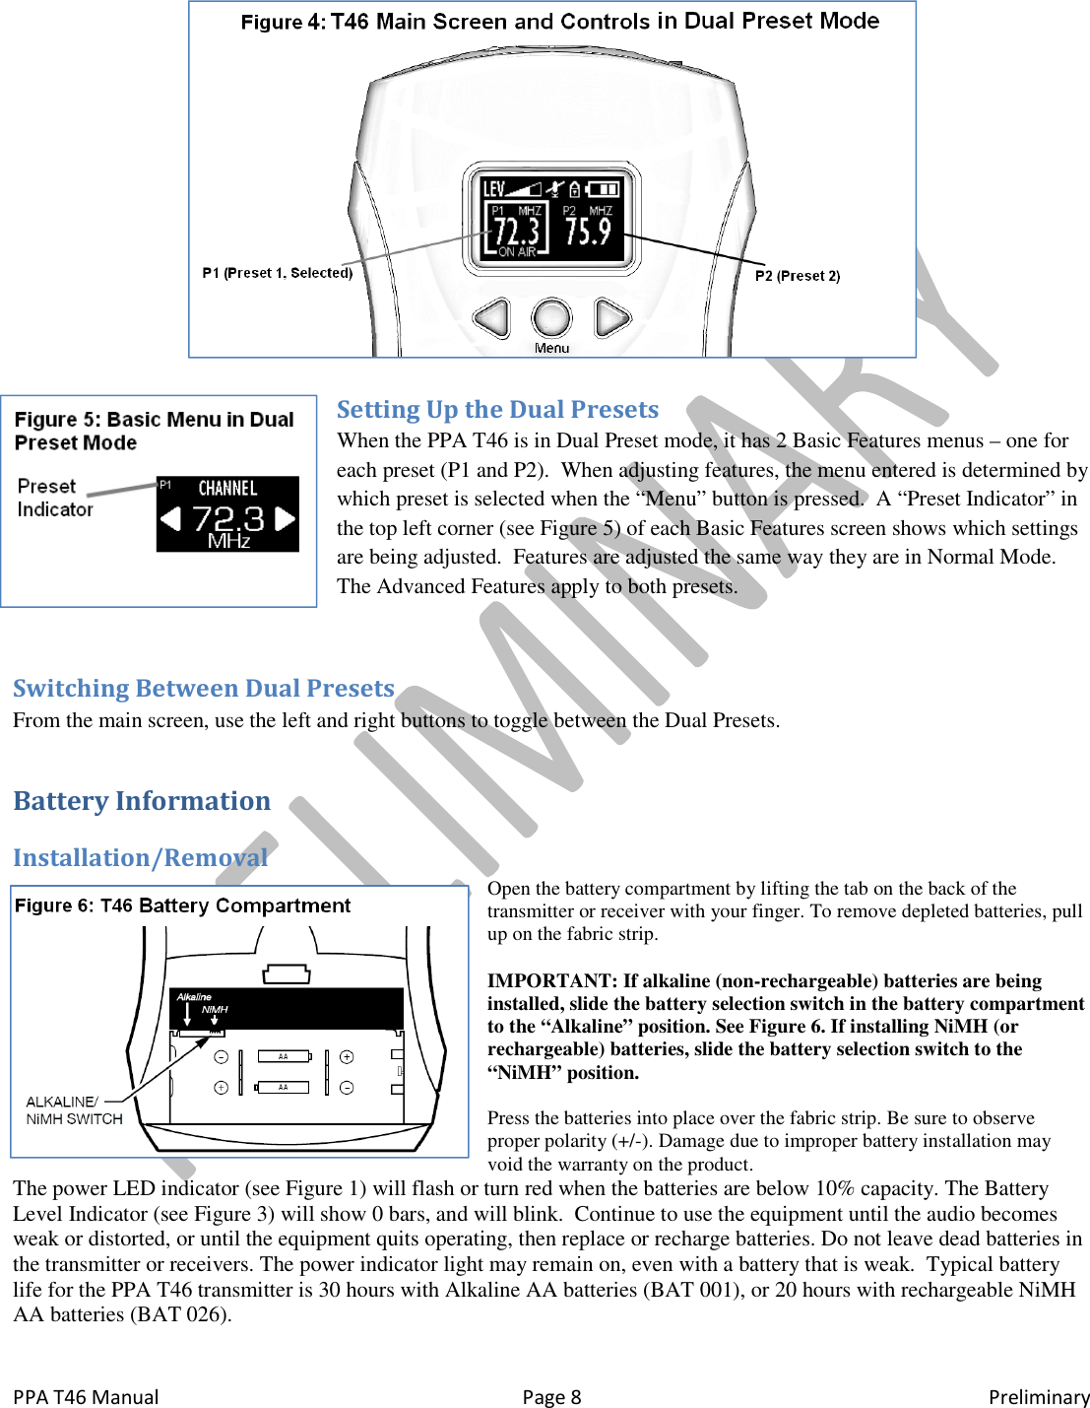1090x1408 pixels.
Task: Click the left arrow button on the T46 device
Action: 492,318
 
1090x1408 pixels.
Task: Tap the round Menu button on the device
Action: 551,318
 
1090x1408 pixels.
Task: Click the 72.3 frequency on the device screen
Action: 517,231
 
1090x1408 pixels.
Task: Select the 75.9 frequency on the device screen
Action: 588,231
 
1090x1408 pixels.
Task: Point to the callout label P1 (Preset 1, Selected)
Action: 277,273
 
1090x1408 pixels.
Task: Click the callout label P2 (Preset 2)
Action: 798,276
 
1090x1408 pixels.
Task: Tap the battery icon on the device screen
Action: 603,188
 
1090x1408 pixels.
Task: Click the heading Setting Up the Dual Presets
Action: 497,410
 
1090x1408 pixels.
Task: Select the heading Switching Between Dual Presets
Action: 204,689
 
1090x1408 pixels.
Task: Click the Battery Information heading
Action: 142,801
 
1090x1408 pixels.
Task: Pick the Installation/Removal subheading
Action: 140,858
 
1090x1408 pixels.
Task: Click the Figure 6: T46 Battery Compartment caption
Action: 182,905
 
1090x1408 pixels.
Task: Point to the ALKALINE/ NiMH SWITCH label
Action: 74,1110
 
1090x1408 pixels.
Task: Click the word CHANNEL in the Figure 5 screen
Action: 227,489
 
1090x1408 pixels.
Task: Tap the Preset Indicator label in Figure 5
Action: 54,498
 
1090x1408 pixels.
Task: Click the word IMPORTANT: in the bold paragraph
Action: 552,981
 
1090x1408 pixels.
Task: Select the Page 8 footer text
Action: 551,1397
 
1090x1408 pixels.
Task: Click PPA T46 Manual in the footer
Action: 86,1397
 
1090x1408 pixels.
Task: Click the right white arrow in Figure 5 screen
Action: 286,518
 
